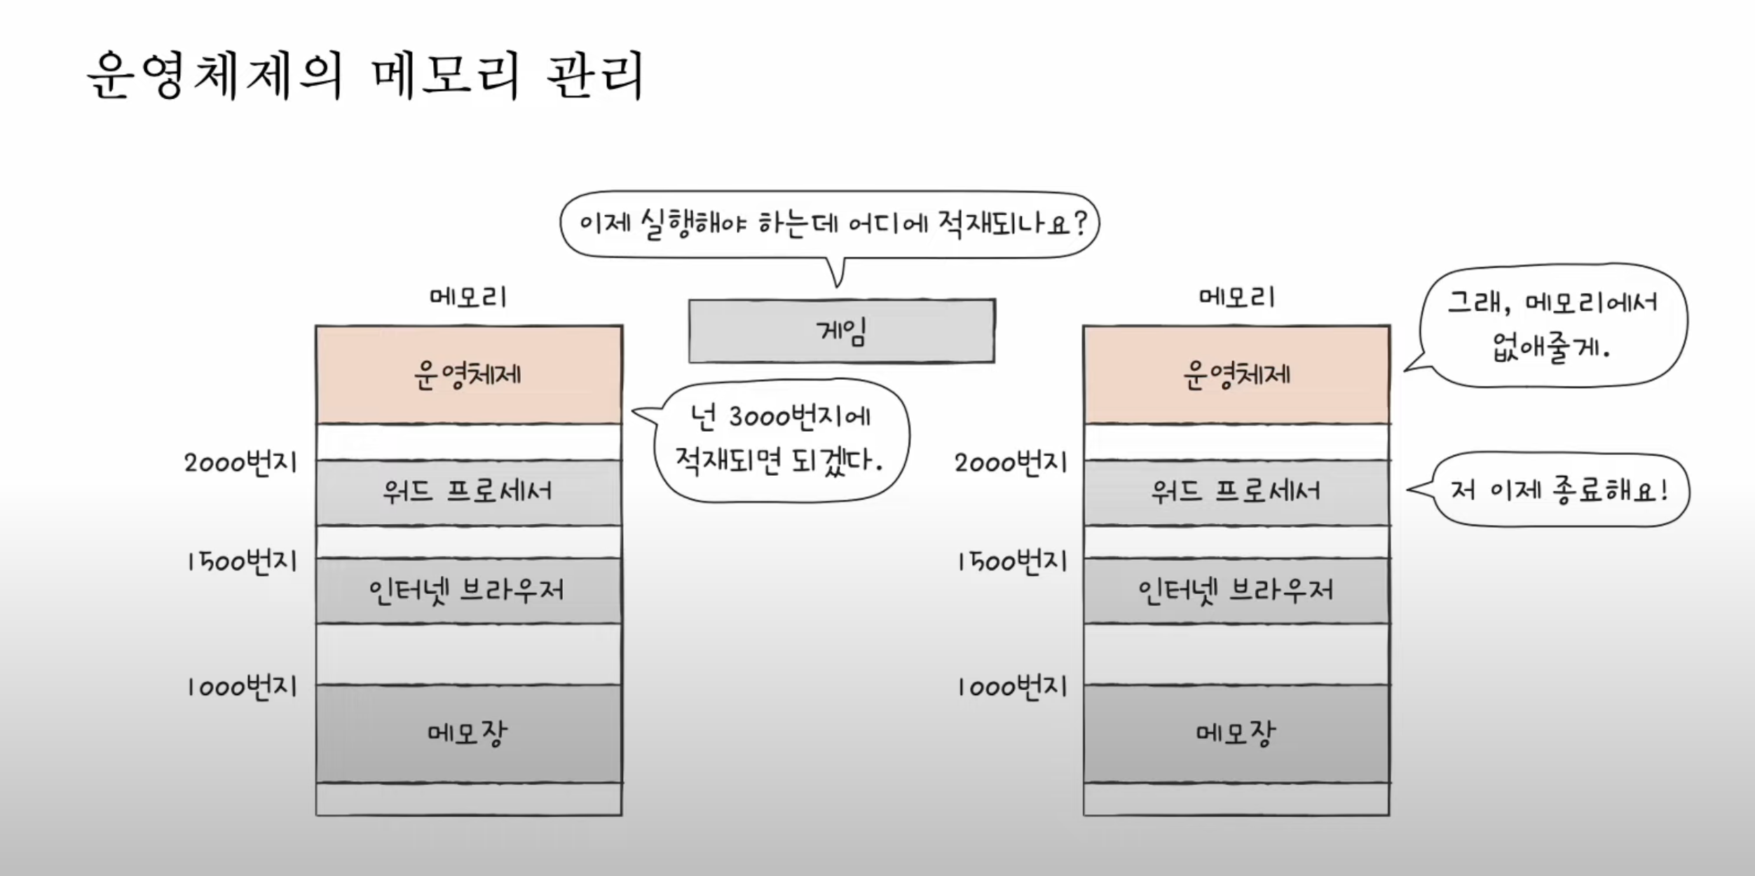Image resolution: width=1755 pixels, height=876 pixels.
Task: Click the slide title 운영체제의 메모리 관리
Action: tap(364, 76)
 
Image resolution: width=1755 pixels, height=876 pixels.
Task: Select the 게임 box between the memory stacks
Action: tap(841, 331)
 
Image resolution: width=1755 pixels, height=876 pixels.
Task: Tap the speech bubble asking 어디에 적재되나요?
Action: tap(830, 224)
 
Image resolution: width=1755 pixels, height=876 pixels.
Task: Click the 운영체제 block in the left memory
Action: tap(468, 375)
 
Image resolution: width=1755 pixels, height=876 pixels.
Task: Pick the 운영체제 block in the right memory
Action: tap(1236, 375)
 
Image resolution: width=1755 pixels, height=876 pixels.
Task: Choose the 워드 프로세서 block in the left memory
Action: tap(468, 492)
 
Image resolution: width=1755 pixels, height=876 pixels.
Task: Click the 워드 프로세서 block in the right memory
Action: tap(1236, 492)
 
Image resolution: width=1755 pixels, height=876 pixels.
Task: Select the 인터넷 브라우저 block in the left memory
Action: tap(468, 591)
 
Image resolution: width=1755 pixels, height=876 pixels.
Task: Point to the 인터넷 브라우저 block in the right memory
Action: tap(1236, 591)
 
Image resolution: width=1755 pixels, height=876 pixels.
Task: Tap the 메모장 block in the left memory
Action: tap(468, 733)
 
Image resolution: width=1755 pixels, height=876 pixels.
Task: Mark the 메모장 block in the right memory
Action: tap(1236, 733)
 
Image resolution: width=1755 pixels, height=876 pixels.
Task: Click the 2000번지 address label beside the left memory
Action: tap(241, 463)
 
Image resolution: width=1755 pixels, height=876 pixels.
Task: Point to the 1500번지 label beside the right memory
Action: tap(1012, 562)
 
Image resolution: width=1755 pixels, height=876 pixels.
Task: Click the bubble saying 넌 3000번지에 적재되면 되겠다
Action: tap(779, 440)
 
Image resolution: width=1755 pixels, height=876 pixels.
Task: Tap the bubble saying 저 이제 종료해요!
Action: tap(1559, 491)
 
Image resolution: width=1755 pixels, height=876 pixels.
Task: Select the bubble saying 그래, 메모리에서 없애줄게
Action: tap(1553, 325)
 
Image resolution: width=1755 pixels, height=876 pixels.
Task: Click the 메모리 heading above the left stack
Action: tap(468, 298)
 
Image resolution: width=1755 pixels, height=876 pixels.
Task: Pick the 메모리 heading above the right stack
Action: tap(1236, 298)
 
